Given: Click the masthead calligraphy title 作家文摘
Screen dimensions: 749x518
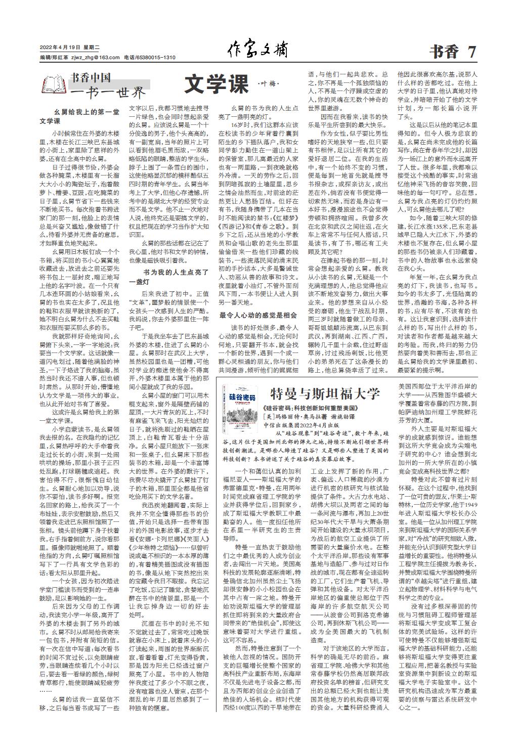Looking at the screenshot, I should tap(258, 51).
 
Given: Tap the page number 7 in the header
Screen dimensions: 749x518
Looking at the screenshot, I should tap(472, 52).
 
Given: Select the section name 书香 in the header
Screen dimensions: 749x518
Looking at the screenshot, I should tap(444, 52).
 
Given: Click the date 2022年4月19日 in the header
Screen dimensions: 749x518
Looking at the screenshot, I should tap(57, 49).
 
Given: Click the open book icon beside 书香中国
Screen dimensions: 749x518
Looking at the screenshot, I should tap(54, 84).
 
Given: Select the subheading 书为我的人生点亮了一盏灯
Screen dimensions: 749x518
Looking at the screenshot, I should tap(168, 277).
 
